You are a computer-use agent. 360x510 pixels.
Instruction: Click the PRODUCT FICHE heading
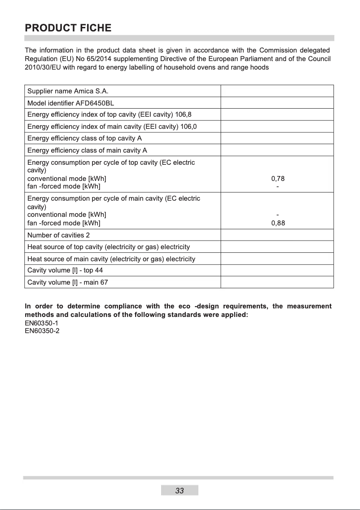pyautogui.click(x=68, y=28)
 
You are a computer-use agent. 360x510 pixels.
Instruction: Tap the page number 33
pyautogui.click(x=180, y=491)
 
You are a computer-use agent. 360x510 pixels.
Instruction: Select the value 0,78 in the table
pyautogui.click(x=278, y=178)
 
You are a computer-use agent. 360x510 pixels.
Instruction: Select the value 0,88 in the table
pyautogui.click(x=278, y=223)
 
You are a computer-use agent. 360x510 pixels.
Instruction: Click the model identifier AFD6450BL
pyautogui.click(x=95, y=103)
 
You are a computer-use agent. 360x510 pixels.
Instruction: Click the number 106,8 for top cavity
pyautogui.click(x=183, y=114)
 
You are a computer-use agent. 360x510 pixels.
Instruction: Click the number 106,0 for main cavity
pyautogui.click(x=188, y=127)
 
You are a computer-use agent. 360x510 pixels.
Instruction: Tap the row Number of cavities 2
pyautogui.click(x=58, y=235)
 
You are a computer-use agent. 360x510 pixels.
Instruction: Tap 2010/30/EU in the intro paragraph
pyautogui.click(x=42, y=67)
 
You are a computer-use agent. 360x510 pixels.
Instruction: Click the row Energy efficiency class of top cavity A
pyautogui.click(x=84, y=138)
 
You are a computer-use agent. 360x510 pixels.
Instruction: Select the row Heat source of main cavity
pyautogui.click(x=111, y=259)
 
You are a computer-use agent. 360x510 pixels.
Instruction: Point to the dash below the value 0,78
pyautogui.click(x=278, y=186)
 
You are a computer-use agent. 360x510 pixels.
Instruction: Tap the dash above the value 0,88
pyautogui.click(x=278, y=215)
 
